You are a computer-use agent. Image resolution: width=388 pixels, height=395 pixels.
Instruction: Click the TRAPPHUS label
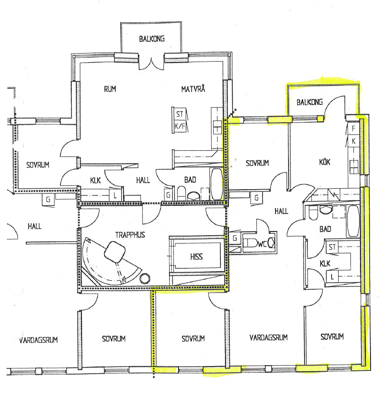130,235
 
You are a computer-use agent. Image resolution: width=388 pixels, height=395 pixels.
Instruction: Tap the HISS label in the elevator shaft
197,257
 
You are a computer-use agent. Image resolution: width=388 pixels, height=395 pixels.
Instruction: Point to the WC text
262,244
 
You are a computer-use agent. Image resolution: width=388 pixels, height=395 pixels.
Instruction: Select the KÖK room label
325,162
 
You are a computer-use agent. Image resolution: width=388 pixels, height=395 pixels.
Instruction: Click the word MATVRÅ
193,89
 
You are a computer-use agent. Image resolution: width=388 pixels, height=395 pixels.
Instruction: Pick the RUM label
110,89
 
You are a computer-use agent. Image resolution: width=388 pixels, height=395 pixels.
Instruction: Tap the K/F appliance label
180,126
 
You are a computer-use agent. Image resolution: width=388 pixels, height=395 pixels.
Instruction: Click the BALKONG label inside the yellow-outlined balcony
309,102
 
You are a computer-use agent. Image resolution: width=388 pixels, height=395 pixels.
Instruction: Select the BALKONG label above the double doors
152,39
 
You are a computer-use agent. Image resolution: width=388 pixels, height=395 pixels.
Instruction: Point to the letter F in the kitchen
353,129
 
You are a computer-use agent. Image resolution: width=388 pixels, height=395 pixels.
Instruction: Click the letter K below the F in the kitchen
353,141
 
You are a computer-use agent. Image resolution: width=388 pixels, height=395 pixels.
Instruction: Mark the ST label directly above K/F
180,114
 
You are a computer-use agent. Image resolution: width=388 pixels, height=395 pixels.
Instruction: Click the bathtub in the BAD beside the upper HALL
217,184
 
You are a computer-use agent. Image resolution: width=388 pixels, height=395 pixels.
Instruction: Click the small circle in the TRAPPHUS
144,278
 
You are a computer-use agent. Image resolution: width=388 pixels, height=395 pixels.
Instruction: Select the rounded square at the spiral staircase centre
115,251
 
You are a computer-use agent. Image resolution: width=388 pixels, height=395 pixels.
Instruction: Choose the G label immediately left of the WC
235,238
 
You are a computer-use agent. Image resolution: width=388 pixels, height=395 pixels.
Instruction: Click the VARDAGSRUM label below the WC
269,337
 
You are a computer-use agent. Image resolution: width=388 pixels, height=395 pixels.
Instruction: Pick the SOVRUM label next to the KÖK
257,163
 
